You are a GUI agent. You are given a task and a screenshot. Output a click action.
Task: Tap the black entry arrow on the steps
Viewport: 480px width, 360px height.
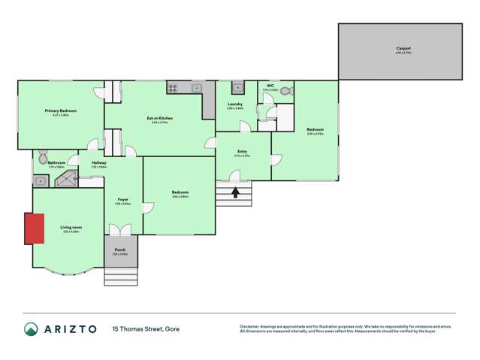pos(235,192)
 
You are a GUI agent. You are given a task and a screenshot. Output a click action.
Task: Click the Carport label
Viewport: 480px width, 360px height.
pos(403,49)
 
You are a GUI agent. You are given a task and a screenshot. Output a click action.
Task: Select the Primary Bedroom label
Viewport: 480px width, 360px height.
pos(61,110)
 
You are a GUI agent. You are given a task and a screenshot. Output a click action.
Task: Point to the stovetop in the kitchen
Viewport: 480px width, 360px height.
pos(172,87)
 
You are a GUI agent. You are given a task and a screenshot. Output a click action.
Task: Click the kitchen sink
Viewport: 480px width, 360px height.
pos(198,88)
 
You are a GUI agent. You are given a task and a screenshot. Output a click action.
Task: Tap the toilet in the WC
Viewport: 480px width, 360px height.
pos(287,91)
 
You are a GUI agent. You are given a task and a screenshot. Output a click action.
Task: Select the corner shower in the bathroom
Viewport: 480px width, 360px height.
pos(69,180)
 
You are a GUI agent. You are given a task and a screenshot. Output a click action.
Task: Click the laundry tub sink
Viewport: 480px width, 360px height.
pos(237,87)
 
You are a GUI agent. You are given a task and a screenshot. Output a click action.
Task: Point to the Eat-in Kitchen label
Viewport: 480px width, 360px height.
pos(160,118)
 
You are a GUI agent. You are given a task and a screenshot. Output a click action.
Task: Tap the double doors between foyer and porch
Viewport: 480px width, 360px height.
pos(120,231)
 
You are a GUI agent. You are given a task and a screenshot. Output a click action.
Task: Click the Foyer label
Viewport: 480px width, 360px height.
pos(122,199)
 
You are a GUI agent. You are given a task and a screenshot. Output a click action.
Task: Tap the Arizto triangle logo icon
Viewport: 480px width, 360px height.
pos(30,328)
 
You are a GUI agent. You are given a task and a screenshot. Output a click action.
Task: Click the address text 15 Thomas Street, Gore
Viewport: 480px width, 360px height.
pos(146,328)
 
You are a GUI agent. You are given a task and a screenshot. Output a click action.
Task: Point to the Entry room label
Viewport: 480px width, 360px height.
pos(243,152)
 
